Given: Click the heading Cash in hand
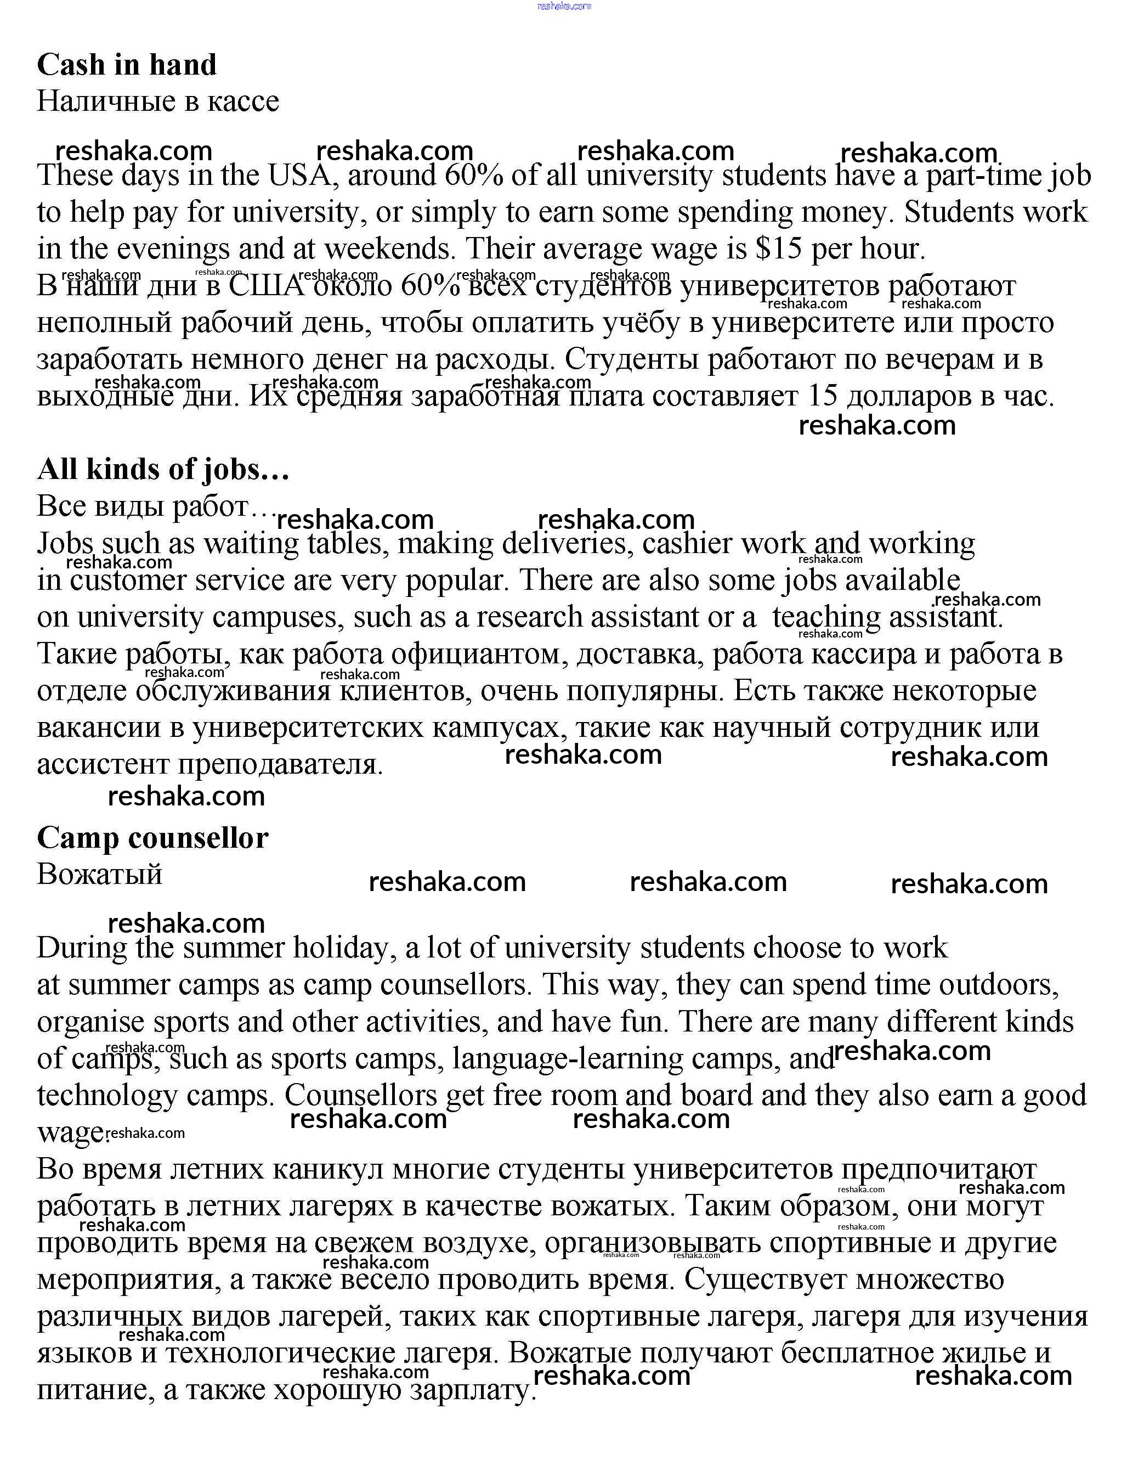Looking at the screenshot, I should (x=127, y=65).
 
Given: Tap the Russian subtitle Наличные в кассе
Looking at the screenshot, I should (x=157, y=102).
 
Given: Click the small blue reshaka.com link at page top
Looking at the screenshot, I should (x=564, y=6).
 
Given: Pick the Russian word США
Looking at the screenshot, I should (x=267, y=286).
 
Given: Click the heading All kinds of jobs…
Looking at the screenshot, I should (x=163, y=469).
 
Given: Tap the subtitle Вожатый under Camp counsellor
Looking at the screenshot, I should (x=99, y=875).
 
